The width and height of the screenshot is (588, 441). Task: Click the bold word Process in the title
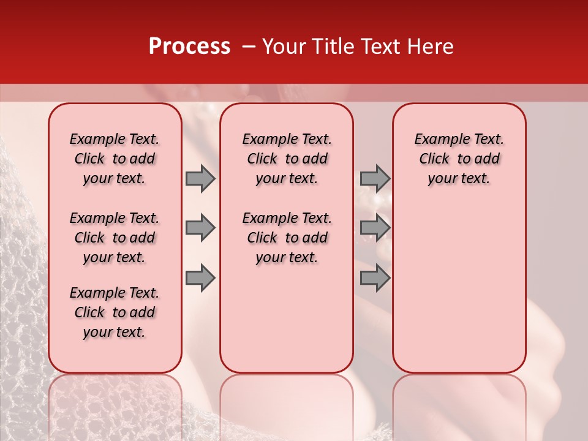(x=189, y=47)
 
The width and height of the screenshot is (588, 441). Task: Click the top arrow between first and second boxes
(x=200, y=178)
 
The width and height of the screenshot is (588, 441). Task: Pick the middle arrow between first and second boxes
(x=200, y=228)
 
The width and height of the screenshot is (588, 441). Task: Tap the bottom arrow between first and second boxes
(x=200, y=278)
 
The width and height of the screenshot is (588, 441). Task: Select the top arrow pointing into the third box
(x=375, y=178)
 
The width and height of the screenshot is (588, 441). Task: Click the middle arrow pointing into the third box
(x=375, y=228)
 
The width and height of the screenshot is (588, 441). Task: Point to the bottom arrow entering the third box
(x=375, y=278)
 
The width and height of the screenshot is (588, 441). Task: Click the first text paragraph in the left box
(x=115, y=159)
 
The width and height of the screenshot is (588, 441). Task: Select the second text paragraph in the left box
(x=115, y=238)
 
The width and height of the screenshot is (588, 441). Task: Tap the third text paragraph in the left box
(x=115, y=312)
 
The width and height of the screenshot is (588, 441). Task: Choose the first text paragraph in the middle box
(x=287, y=159)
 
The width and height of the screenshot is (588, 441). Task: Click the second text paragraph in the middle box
(x=287, y=238)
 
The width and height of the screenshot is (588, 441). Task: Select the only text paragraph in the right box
(x=459, y=159)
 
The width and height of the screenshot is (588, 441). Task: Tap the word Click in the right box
(x=434, y=159)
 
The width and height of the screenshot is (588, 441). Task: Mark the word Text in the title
(x=381, y=47)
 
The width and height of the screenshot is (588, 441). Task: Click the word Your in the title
(x=281, y=47)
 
